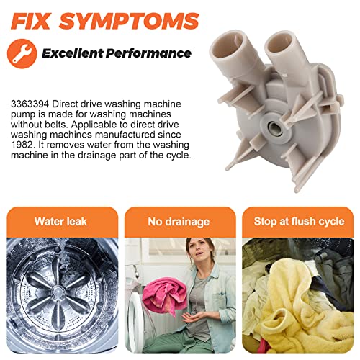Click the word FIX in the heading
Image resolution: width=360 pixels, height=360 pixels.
pyautogui.click(x=30, y=21)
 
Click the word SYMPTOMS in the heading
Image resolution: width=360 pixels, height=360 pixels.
pyautogui.click(x=129, y=21)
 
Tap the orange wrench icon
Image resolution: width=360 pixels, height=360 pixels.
pyautogui.click(x=22, y=54)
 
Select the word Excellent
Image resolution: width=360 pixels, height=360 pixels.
pyautogui.click(x=73, y=53)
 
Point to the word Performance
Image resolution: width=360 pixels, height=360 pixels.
pyautogui.click(x=148, y=53)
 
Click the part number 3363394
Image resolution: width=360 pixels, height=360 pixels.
pyautogui.click(x=30, y=104)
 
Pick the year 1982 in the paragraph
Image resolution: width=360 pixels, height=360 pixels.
pyautogui.click(x=22, y=145)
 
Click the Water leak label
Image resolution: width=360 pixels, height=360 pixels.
pyautogui.click(x=60, y=222)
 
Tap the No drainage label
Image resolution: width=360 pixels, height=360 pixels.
pyautogui.click(x=179, y=222)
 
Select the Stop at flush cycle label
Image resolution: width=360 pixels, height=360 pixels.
pyautogui.click(x=300, y=222)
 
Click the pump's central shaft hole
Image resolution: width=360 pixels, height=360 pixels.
pyautogui.click(x=274, y=126)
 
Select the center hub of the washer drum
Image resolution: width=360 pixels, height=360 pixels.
pyautogui.click(x=58, y=292)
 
